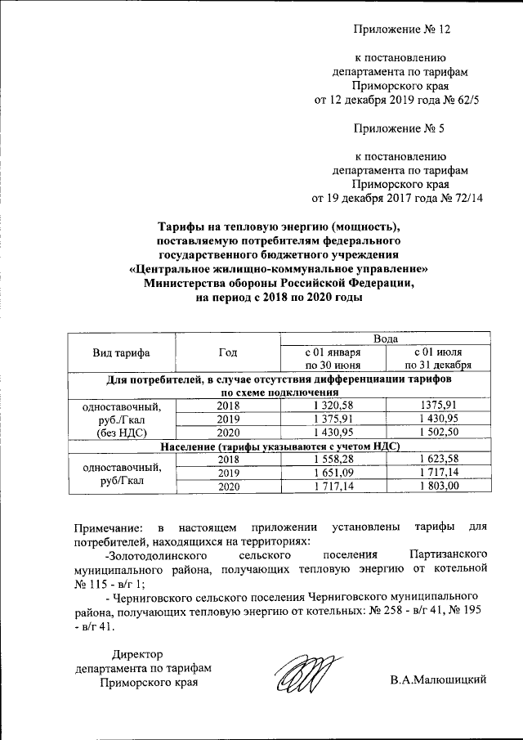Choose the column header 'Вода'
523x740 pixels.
(x=385, y=339)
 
